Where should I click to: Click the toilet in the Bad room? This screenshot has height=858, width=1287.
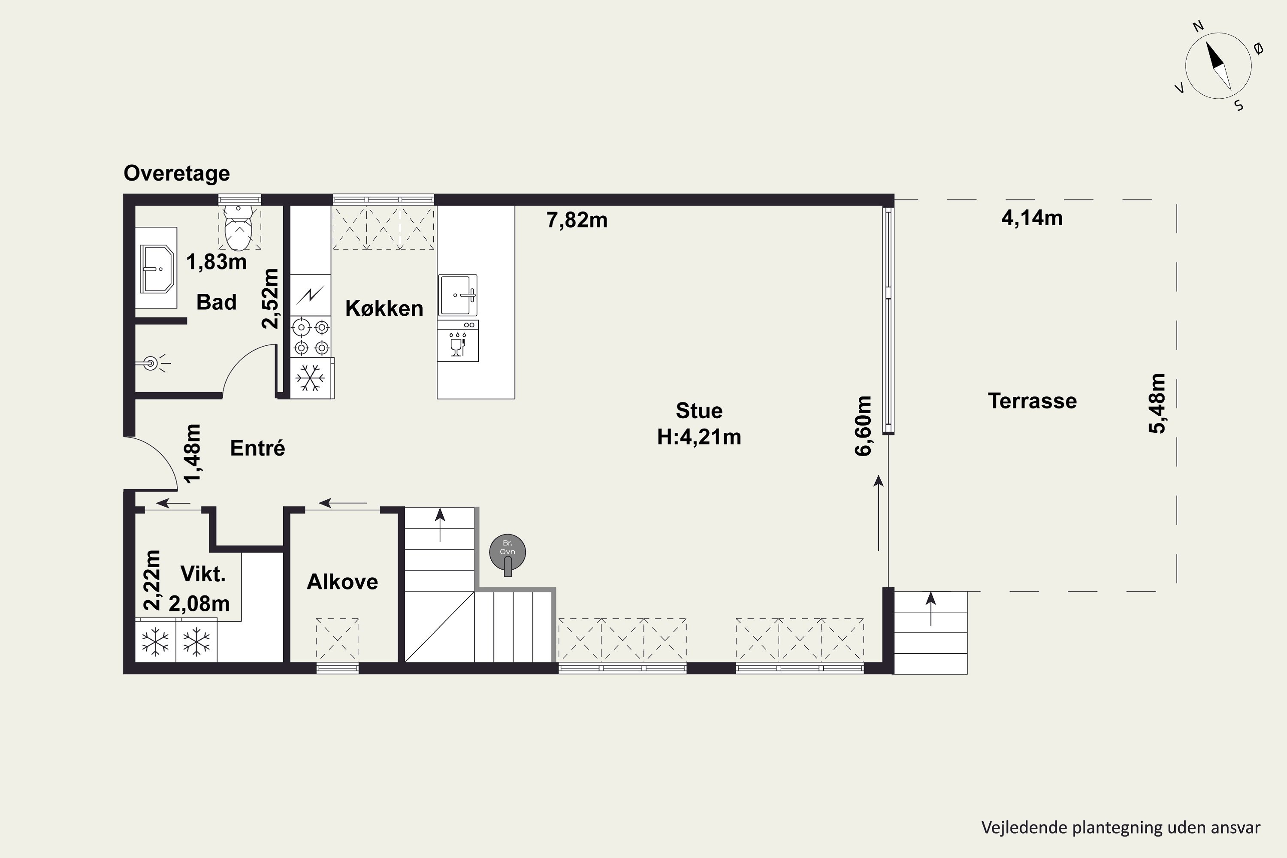[238, 228]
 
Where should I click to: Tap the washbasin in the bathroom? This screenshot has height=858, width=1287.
[157, 269]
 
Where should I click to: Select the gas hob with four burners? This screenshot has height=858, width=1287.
[310, 337]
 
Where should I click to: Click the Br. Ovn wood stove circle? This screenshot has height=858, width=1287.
[507, 553]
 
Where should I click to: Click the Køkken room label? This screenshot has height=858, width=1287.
[384, 308]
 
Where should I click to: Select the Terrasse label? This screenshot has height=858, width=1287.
[1032, 401]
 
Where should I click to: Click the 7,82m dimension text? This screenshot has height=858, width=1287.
[577, 220]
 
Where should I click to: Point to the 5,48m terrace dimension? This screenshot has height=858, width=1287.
[1157, 403]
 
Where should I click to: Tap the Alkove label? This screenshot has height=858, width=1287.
[342, 582]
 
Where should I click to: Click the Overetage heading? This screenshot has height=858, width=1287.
[177, 173]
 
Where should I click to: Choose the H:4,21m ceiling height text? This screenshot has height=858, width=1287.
[699, 437]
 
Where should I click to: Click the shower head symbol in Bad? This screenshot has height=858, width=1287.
[151, 363]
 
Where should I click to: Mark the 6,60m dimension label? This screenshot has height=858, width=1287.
[863, 426]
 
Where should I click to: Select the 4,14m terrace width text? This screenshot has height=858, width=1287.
[1032, 218]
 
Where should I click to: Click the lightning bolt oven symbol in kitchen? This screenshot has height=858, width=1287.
[310, 296]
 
